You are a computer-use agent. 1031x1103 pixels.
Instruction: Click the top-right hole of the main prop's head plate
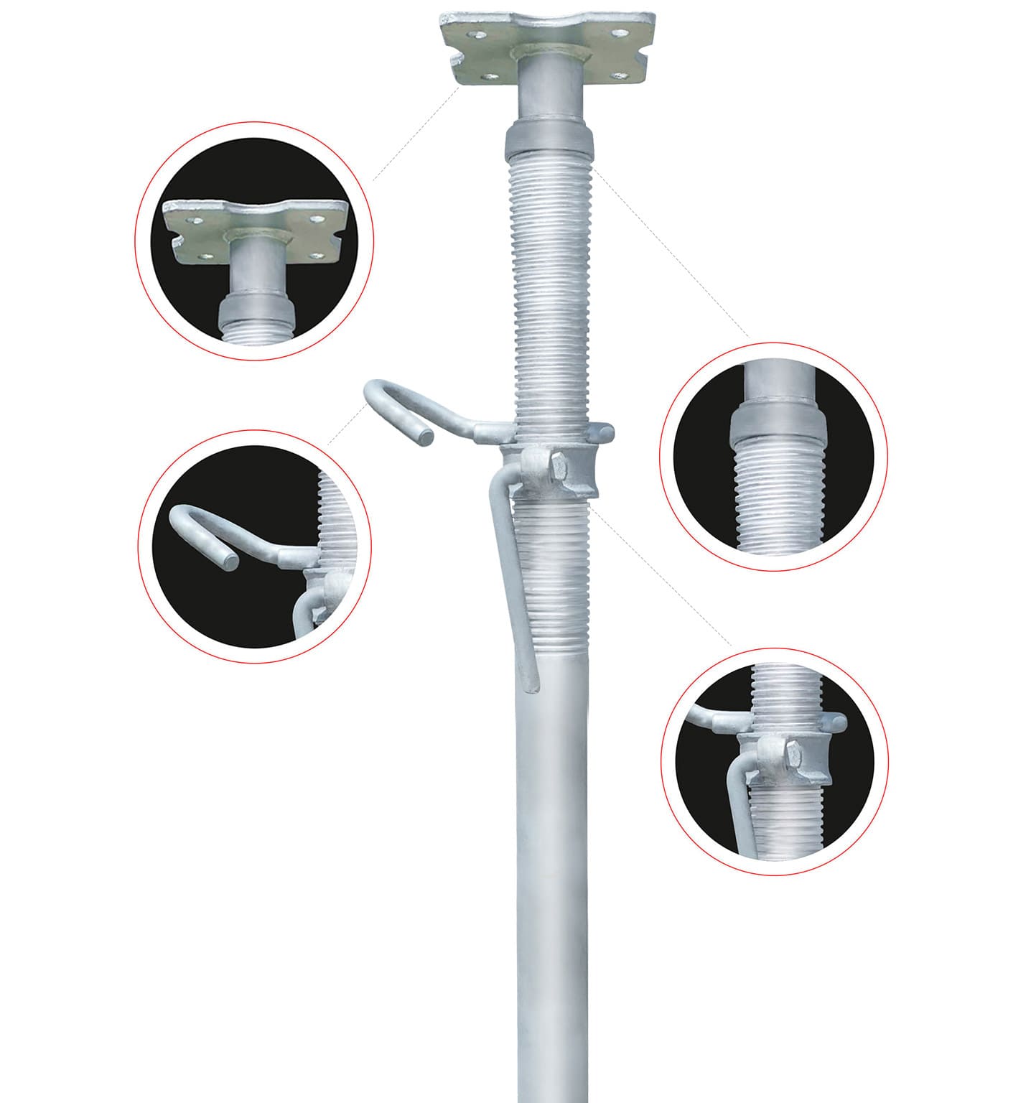[x=617, y=33]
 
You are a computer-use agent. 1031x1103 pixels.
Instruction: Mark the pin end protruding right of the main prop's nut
[x=607, y=432]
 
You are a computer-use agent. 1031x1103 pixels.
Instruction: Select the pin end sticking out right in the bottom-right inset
[x=841, y=720]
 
